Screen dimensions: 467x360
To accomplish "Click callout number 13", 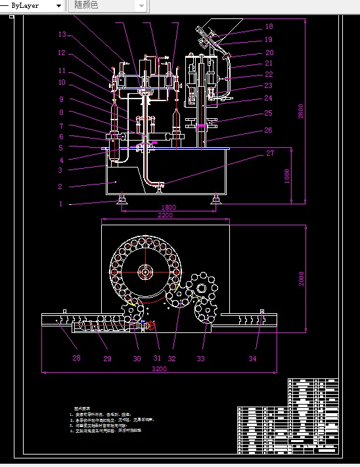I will [x=62, y=35].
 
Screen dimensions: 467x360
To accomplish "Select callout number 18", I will [x=269, y=27].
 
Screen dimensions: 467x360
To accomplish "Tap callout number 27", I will [x=269, y=154].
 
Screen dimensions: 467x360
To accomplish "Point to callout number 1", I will [x=60, y=204].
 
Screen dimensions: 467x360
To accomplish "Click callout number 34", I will [x=253, y=358].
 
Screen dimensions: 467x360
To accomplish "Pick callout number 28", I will [x=76, y=358].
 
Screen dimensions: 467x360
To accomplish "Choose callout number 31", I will [x=156, y=358].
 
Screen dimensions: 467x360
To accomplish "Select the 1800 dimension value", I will [x=168, y=208].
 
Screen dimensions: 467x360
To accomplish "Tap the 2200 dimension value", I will [x=164, y=215].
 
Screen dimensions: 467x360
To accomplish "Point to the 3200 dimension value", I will [x=160, y=369].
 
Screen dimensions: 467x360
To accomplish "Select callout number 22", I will [x=269, y=74].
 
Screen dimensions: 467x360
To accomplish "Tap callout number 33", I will [x=200, y=358].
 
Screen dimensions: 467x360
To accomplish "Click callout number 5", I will [x=61, y=148].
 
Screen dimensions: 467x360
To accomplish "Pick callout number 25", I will [x=269, y=113].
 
